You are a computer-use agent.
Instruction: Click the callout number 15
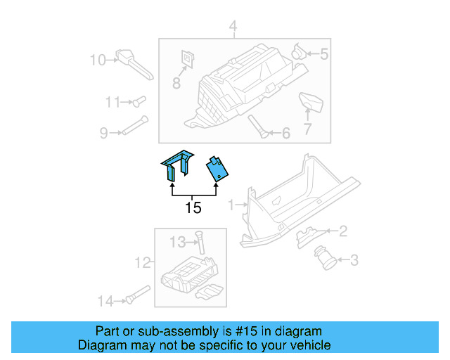click(x=193, y=207)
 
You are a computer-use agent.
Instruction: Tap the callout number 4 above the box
click(x=233, y=27)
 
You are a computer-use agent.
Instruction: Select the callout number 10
click(x=97, y=60)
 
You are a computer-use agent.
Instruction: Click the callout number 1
click(x=232, y=205)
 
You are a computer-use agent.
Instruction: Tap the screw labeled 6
click(x=258, y=127)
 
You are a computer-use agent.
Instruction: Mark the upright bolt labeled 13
click(x=200, y=243)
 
